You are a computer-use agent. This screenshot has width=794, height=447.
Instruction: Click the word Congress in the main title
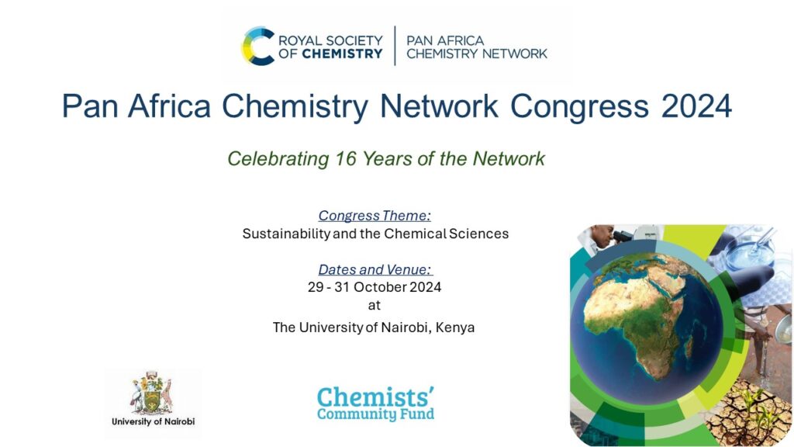tap(578, 106)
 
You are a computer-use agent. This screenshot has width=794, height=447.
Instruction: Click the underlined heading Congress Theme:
tap(375, 215)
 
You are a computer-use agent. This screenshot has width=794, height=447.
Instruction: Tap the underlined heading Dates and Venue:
tap(375, 269)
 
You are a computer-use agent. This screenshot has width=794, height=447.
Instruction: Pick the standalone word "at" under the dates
tap(375, 305)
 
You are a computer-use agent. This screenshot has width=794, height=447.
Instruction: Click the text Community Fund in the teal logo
tap(375, 414)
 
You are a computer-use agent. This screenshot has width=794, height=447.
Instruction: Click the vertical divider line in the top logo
tap(395, 46)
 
